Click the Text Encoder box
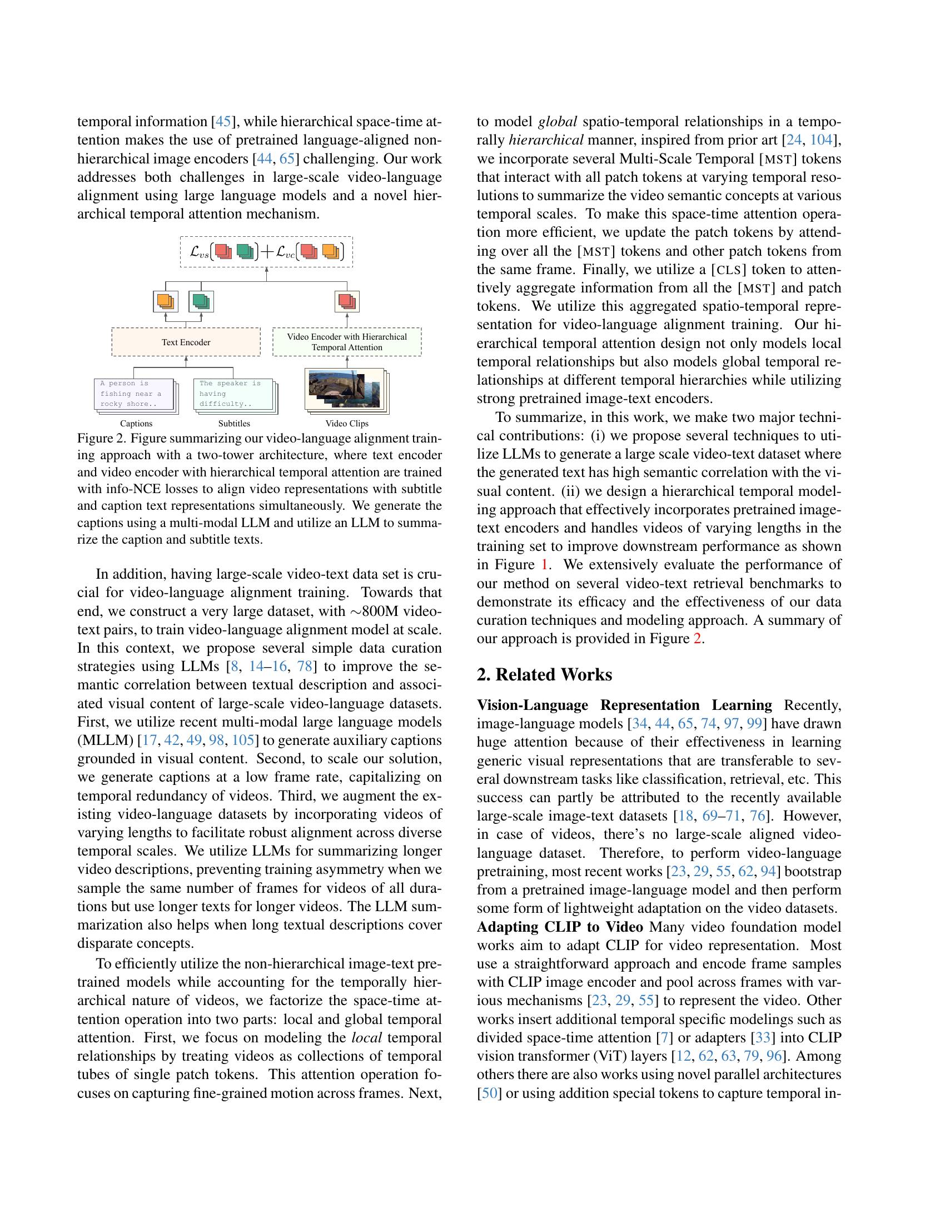(186, 341)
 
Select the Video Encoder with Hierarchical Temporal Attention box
(346, 341)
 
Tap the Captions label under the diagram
(136, 424)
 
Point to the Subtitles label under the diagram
(234, 424)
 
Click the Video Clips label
(346, 424)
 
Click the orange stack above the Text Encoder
(166, 301)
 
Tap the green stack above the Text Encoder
(201, 301)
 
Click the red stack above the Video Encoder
(347, 301)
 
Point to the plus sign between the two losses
(266, 251)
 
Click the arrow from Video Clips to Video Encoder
(346, 361)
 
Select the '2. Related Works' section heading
(544, 674)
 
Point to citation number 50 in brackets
(489, 1092)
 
